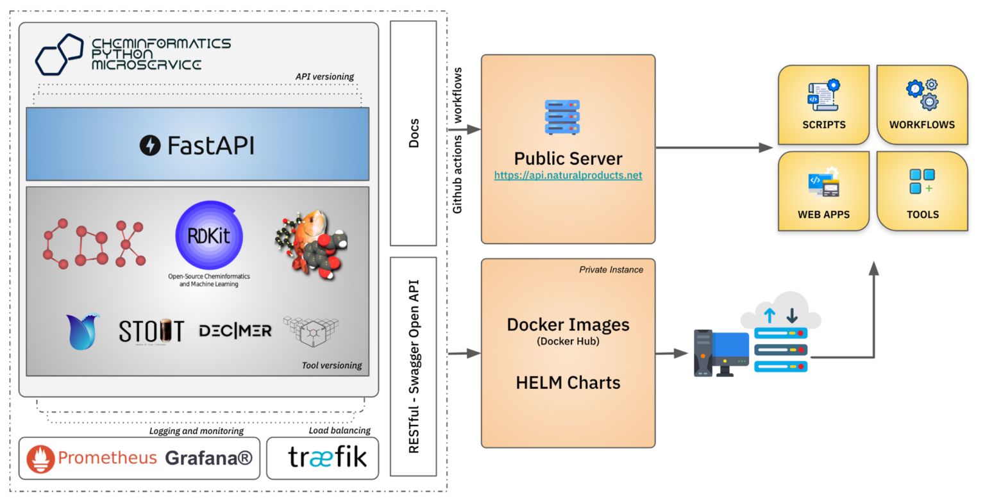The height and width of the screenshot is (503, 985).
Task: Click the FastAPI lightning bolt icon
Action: [150, 145]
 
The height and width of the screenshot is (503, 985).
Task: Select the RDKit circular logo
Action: [209, 235]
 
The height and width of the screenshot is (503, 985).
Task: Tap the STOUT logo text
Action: [151, 331]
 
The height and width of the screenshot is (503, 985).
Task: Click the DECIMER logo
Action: [235, 331]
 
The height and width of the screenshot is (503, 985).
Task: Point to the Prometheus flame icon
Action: [41, 459]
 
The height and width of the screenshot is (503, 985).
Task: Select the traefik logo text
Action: [327, 458]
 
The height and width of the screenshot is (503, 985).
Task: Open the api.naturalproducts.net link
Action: [568, 176]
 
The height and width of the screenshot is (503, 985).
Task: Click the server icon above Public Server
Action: [562, 117]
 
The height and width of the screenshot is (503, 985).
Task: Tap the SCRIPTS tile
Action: [823, 104]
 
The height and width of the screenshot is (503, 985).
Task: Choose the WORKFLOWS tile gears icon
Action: [922, 95]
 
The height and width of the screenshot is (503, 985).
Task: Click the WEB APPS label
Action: [823, 215]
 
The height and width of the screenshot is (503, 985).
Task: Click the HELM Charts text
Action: [568, 383]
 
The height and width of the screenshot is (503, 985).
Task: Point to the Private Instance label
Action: [610, 270]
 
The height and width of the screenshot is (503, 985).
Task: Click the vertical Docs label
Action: [414, 133]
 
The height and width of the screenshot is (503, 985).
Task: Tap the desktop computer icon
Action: [720, 353]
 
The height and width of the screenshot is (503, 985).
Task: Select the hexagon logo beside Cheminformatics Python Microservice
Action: [59, 54]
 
